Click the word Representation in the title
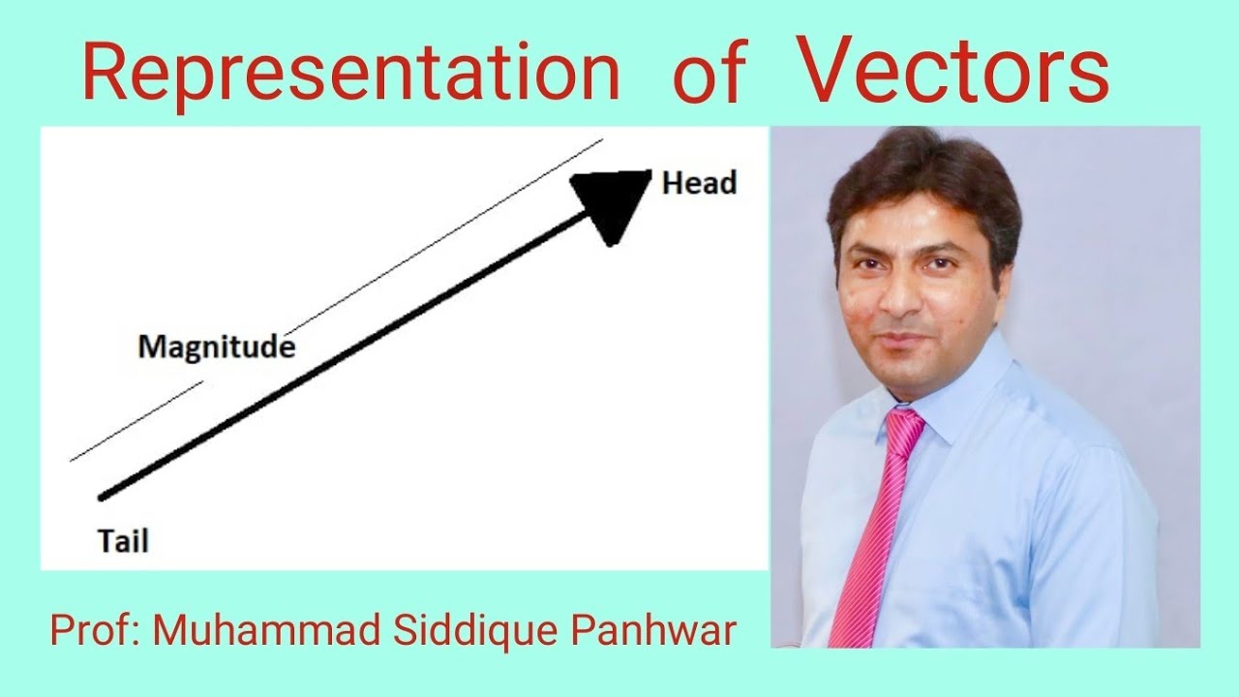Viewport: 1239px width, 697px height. [350, 74]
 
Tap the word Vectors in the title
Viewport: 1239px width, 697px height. [953, 70]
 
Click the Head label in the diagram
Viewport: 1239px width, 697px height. [699, 183]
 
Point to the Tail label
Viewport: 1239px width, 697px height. [123, 541]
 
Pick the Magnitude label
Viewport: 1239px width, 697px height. [216, 347]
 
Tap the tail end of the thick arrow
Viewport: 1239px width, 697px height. [103, 497]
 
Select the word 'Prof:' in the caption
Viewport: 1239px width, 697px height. [97, 631]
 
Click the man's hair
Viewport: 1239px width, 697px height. [920, 174]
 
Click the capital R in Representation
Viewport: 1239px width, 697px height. [104, 74]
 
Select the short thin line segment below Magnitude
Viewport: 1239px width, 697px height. [136, 421]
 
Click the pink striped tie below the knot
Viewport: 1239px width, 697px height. [871, 542]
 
